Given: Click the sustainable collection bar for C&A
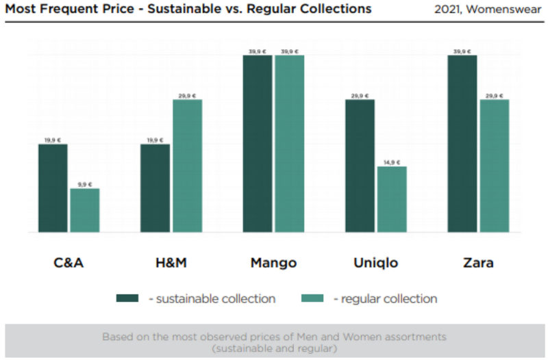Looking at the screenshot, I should (x=53, y=188).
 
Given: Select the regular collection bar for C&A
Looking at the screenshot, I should (x=84, y=210).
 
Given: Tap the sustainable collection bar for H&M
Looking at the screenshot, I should (x=155, y=188).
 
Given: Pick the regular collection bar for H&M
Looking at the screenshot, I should (x=187, y=166).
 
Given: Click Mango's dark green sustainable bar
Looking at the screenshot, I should (x=258, y=144).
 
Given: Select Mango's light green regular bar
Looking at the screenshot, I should (x=289, y=144).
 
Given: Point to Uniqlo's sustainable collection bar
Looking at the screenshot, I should (x=360, y=166).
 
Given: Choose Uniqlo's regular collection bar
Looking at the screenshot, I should (x=392, y=199).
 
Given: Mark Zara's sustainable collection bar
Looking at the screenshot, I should (x=462, y=144).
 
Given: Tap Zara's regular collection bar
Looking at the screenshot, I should (x=494, y=166).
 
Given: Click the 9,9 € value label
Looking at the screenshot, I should (x=84, y=184).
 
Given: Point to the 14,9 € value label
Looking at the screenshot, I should (x=392, y=162).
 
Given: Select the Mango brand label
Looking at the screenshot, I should (x=273, y=263).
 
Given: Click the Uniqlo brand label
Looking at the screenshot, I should (x=375, y=263).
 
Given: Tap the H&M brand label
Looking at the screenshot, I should (x=171, y=263).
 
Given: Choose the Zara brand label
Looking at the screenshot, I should (x=478, y=263).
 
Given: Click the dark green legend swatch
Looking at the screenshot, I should (x=127, y=298).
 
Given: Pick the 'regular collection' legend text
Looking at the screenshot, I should (x=385, y=298).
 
